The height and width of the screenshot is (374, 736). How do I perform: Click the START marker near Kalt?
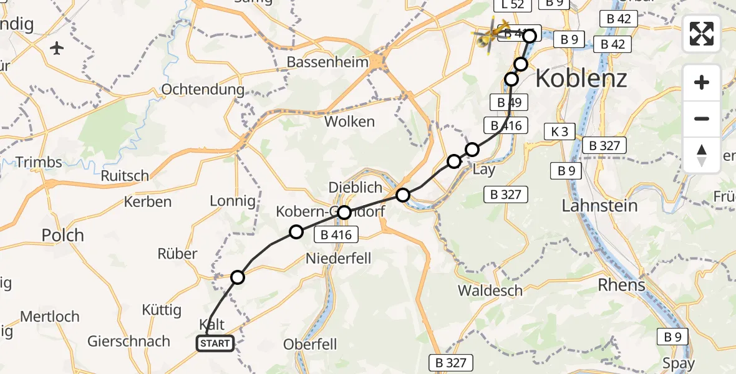pos(215,343)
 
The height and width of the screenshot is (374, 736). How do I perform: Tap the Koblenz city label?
pos(581,79)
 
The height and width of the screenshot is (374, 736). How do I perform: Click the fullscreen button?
pos(702,34)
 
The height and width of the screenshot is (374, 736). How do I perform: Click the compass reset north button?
pos(702,155)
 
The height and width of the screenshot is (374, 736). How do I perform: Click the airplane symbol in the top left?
pos(57,47)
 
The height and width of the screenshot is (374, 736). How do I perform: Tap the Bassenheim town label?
pos(327,62)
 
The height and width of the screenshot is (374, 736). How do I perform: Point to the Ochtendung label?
pos(203,89)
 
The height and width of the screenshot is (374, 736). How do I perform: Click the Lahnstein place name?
pos(599,206)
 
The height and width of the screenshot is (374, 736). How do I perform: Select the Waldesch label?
pos(490,290)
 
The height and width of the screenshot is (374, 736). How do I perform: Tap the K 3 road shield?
pos(559,132)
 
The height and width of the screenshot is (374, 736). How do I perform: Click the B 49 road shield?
pos(510,102)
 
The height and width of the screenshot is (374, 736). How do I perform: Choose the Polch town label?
pos(62,236)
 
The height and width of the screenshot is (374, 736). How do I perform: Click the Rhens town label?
pos(621,285)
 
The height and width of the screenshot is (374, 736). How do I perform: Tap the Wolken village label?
pos(349,122)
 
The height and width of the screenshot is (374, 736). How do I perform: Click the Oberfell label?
pos(310,344)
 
